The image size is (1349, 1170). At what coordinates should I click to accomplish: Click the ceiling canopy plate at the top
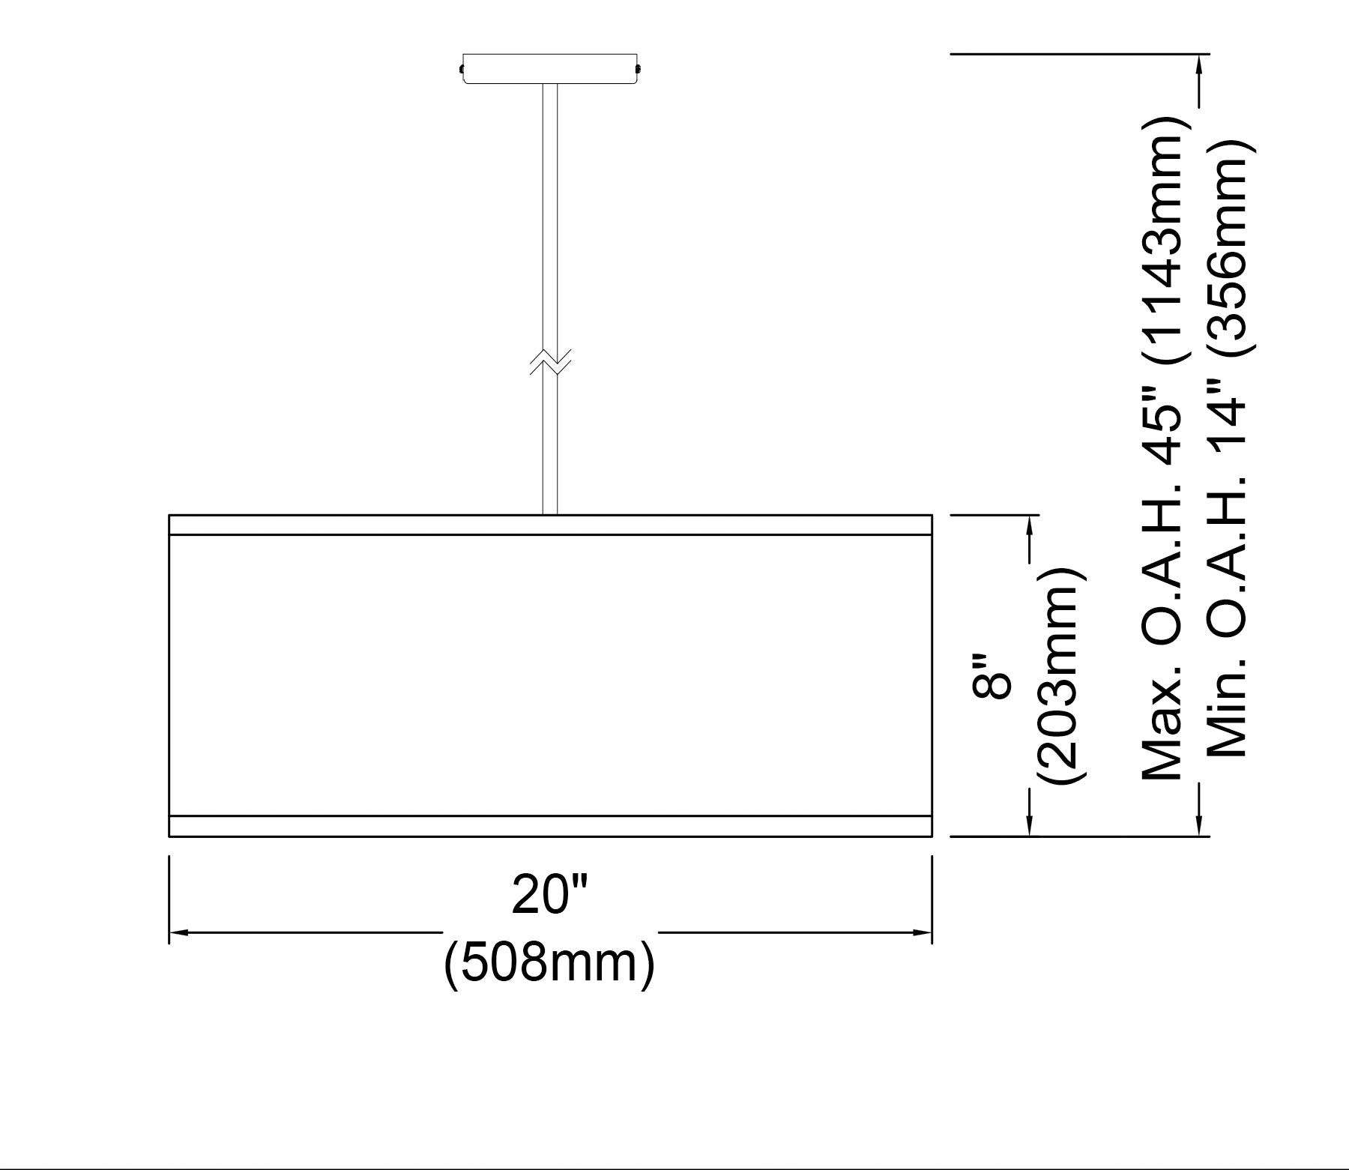[549, 68]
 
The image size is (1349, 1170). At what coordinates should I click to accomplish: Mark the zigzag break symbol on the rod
[550, 361]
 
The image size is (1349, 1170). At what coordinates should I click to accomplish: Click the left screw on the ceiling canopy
[461, 70]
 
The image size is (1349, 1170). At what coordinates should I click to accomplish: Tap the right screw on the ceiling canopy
[639, 70]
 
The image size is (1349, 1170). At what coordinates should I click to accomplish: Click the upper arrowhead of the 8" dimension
[1030, 525]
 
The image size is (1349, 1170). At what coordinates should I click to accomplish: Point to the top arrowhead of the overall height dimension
[1200, 64]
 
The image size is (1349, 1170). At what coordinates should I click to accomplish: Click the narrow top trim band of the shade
[550, 525]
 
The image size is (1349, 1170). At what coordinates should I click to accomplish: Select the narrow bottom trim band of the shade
[550, 825]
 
